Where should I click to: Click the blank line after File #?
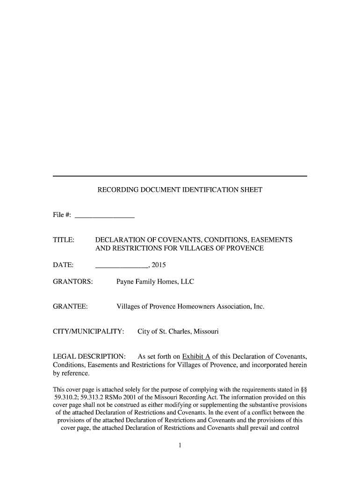pos(105,216)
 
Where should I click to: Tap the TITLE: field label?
pos(64,240)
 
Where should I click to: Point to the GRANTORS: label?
pos(73,282)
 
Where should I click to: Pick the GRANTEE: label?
pos(71,307)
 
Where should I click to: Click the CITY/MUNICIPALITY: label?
pos(88,332)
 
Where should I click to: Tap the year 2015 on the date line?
pos(158,266)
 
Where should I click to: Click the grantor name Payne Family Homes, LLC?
pos(155,282)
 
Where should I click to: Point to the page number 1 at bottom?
pos(180,445)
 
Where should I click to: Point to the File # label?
pos(62,215)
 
